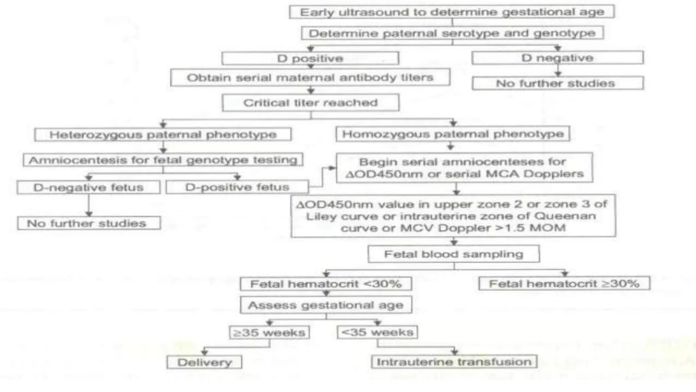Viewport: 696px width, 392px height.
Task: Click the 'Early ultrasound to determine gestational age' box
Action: pos(452,12)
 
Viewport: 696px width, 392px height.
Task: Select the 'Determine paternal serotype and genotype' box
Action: pos(452,33)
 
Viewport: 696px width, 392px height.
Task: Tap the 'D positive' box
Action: pos(310,58)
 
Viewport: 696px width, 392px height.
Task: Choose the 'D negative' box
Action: pos(557,58)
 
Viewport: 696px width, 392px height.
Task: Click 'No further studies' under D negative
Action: pos(557,83)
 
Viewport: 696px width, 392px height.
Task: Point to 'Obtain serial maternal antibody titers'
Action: pos(310,78)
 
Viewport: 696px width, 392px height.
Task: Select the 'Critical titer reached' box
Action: pos(310,103)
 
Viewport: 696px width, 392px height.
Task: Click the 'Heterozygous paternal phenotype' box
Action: pos(163,134)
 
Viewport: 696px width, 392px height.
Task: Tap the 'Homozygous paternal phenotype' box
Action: pos(453,134)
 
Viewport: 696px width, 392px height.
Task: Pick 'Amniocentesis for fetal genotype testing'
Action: pos(163,160)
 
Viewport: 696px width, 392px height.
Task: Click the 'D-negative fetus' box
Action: pos(88,187)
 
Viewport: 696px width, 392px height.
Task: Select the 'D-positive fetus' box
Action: pos(237,187)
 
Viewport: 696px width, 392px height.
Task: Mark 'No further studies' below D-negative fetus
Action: pos(88,223)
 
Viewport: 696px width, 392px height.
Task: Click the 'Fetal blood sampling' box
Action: pos(453,254)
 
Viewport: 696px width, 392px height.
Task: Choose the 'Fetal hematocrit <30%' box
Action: pos(326,284)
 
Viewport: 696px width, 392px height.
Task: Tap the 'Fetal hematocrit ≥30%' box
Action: pos(564,283)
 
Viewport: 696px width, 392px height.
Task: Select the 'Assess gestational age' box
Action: pos(326,305)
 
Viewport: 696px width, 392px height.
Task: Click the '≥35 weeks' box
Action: pos(269,332)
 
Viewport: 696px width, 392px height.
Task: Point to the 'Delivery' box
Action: pos(204,362)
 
